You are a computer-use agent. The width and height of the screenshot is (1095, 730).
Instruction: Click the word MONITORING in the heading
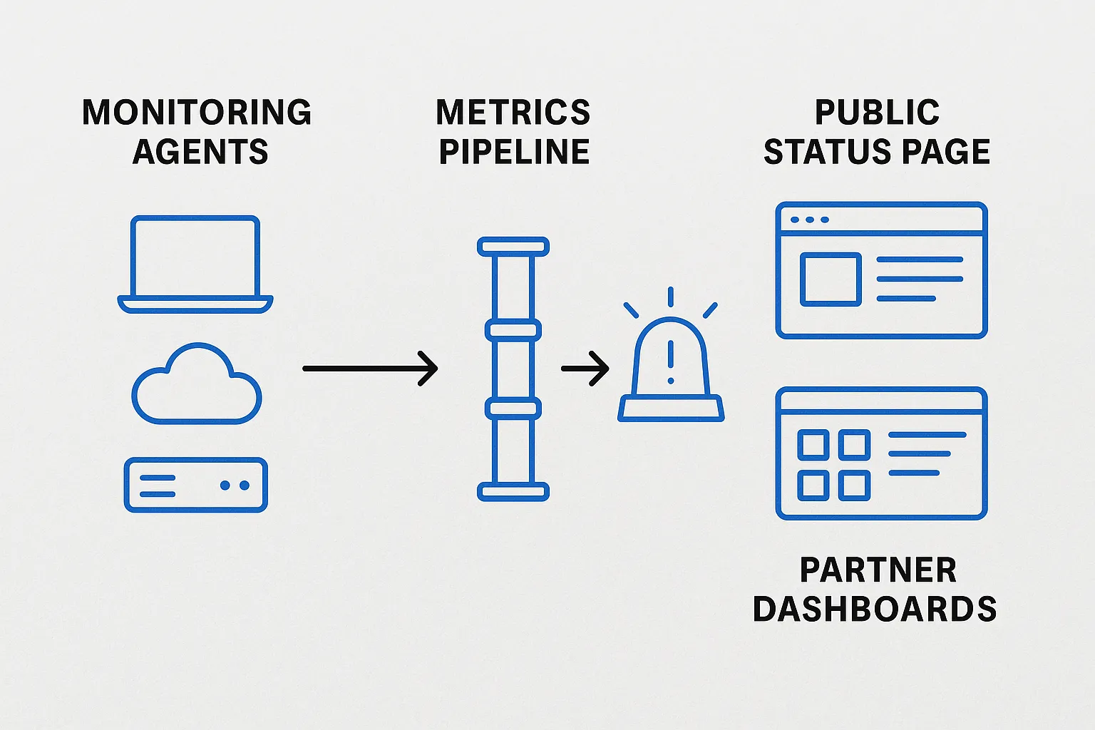(x=197, y=113)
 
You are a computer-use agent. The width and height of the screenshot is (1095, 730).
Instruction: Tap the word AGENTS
(x=200, y=152)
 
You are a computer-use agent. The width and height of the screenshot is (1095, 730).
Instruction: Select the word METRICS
(x=513, y=113)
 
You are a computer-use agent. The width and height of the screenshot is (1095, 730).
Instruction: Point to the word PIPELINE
(x=514, y=152)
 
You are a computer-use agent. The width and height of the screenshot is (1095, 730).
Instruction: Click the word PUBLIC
(x=877, y=113)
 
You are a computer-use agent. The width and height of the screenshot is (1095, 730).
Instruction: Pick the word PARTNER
(x=878, y=570)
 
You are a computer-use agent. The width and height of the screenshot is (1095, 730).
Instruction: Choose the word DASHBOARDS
(x=875, y=610)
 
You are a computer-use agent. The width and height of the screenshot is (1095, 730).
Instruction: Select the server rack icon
(x=196, y=485)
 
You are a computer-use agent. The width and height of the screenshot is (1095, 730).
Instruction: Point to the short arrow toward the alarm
(x=585, y=369)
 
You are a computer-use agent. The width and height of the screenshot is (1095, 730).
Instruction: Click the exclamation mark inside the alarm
(x=670, y=360)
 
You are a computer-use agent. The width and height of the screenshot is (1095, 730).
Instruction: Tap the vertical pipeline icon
(x=513, y=369)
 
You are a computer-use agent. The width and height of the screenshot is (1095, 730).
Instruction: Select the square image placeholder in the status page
(x=831, y=279)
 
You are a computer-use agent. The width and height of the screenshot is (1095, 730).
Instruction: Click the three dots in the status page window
(x=810, y=220)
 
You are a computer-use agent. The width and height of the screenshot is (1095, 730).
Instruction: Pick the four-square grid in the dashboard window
(x=834, y=465)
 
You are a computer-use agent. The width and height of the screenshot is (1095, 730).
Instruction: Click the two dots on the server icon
(x=235, y=485)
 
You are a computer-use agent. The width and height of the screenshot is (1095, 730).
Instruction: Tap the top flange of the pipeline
(x=513, y=247)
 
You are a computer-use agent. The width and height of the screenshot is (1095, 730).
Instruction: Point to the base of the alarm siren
(x=671, y=408)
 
